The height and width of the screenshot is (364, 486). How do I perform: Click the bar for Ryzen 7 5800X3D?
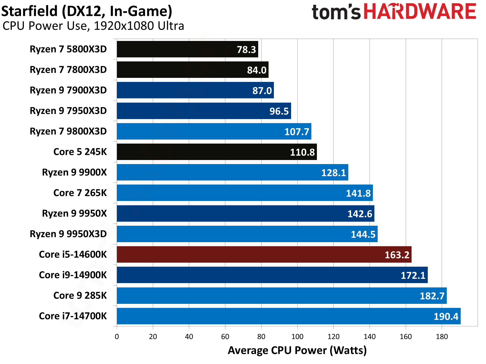187,49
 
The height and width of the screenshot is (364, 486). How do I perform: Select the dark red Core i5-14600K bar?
264,255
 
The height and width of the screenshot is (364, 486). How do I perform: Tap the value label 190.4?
446,316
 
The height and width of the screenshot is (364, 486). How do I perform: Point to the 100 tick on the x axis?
297,337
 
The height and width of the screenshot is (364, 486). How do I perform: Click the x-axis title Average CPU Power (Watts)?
297,351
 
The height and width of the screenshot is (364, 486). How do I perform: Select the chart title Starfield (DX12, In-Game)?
87,11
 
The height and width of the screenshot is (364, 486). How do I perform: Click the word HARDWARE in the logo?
420,12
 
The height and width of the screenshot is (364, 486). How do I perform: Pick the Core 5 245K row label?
80,152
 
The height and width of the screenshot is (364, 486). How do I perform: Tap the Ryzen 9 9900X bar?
232,172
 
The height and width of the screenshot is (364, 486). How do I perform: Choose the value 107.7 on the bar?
297,132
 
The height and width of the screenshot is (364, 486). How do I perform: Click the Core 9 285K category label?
80,295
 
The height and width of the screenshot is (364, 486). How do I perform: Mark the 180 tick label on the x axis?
442,337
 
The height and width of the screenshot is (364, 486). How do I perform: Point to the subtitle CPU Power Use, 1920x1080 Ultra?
93,26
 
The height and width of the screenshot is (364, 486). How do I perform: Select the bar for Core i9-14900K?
272,275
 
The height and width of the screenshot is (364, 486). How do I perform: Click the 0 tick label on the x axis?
117,337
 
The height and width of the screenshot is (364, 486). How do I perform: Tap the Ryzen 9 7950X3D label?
68,111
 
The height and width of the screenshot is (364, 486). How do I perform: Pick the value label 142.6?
360,214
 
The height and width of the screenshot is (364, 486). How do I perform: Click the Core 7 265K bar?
245,193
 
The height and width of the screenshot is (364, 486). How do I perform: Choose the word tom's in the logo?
336,12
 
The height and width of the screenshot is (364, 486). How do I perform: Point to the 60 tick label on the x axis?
225,337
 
